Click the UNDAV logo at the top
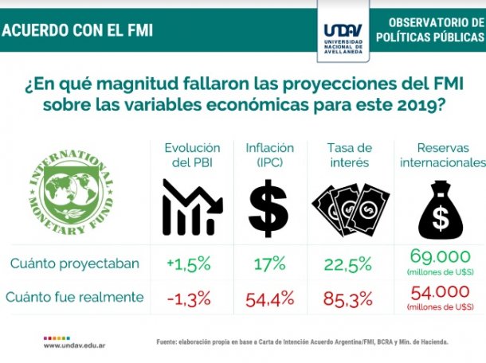coord(345,29)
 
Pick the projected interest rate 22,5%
coord(349,263)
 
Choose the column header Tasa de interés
coord(349,155)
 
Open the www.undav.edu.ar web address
coord(76,345)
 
